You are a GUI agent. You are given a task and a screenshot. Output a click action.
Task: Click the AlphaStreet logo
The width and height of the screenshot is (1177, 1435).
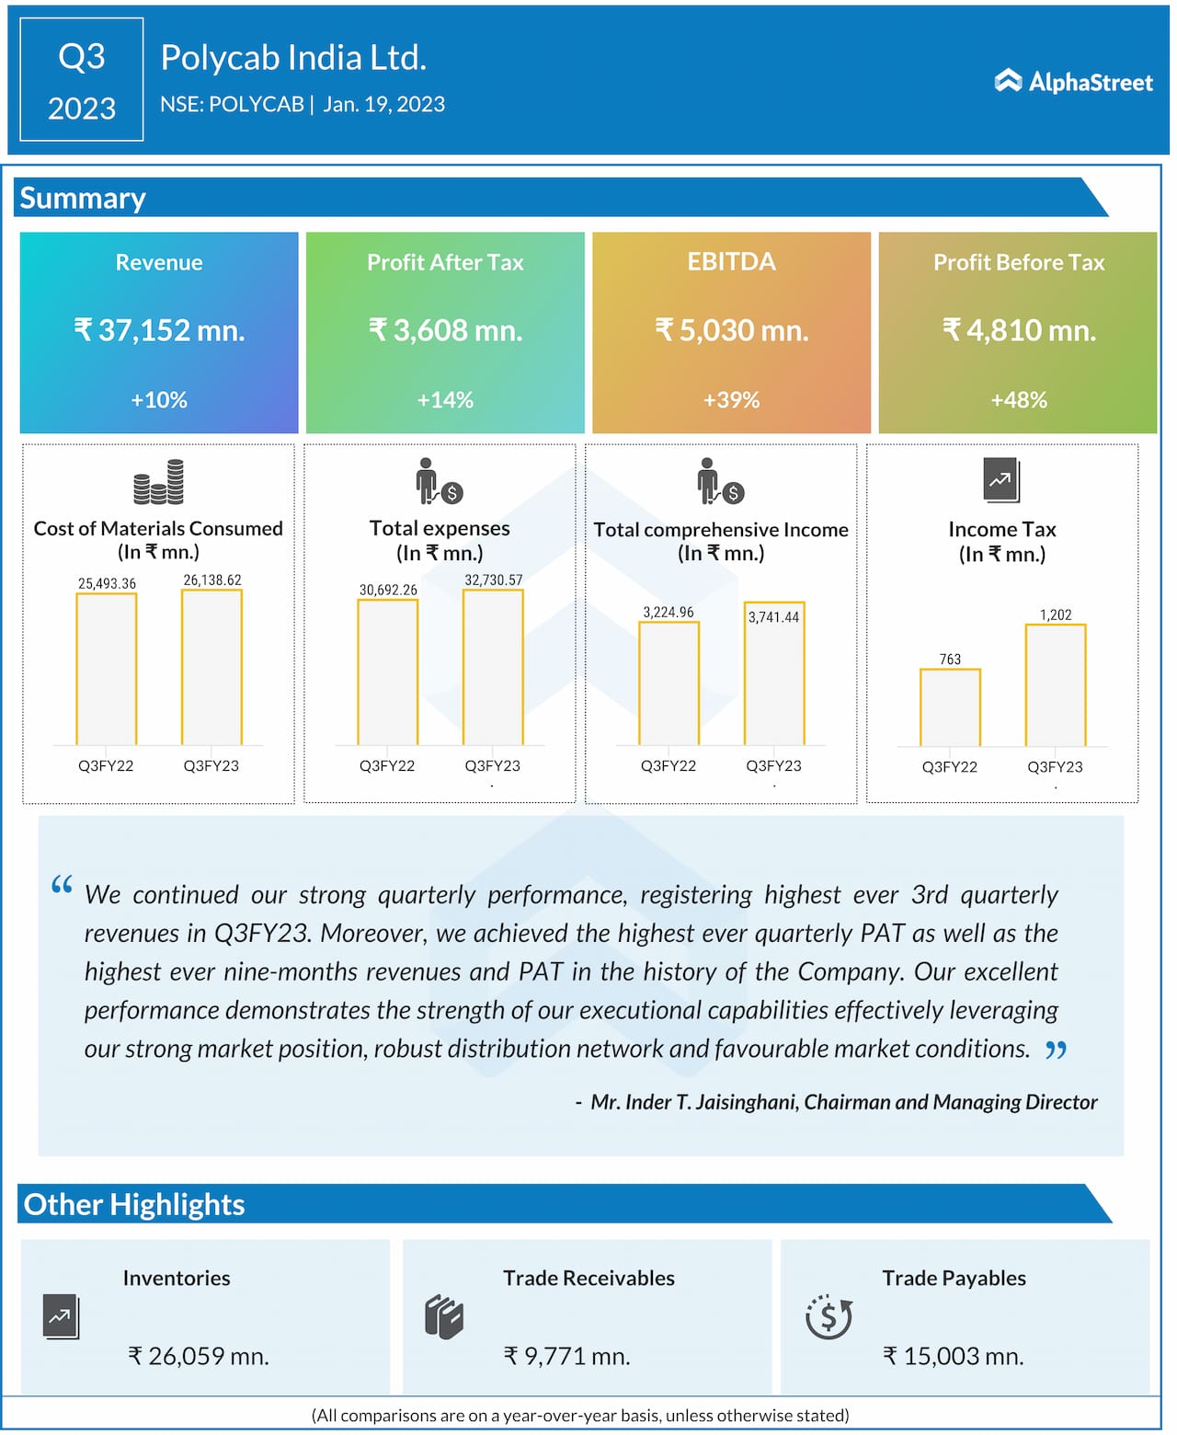click(x=1073, y=82)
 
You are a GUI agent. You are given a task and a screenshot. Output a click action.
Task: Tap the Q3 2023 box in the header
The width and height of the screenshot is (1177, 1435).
click(x=82, y=80)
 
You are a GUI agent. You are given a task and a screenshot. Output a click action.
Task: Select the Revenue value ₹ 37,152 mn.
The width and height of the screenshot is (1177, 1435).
click(x=159, y=330)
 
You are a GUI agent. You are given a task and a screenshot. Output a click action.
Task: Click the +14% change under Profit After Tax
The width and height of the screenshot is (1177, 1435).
click(x=445, y=400)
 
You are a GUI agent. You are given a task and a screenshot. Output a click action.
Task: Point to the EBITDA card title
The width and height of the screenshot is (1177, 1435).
click(x=732, y=262)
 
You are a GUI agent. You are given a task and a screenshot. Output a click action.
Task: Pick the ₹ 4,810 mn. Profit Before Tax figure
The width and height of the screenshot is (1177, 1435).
click(x=1019, y=330)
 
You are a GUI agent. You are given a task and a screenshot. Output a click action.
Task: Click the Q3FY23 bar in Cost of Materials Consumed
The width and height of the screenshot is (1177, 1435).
click(x=211, y=667)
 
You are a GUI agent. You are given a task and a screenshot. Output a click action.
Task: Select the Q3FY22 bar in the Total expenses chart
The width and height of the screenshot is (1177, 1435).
click(x=388, y=672)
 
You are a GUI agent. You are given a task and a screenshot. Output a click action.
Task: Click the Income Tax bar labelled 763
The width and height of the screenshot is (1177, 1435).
click(x=950, y=706)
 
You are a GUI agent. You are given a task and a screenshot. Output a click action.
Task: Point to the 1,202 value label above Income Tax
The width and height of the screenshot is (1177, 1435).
click(x=1056, y=614)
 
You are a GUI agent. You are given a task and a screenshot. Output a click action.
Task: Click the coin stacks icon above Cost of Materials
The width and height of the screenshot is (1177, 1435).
click(x=158, y=482)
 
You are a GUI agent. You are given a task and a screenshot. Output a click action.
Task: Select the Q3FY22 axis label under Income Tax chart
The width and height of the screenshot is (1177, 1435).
click(x=950, y=767)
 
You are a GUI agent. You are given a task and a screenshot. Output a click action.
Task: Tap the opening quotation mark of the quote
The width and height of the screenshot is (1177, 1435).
click(x=62, y=886)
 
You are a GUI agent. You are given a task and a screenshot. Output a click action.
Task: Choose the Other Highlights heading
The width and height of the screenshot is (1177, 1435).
click(x=134, y=1204)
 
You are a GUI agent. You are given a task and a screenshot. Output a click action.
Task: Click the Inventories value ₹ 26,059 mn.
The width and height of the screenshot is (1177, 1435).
click(x=199, y=1356)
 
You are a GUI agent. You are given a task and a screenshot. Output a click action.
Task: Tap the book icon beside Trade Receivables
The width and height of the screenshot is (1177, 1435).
click(x=444, y=1317)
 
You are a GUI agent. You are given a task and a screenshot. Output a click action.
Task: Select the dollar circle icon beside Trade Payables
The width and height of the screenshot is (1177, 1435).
click(x=828, y=1317)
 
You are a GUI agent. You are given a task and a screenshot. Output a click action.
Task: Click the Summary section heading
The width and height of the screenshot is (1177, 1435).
click(x=83, y=199)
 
